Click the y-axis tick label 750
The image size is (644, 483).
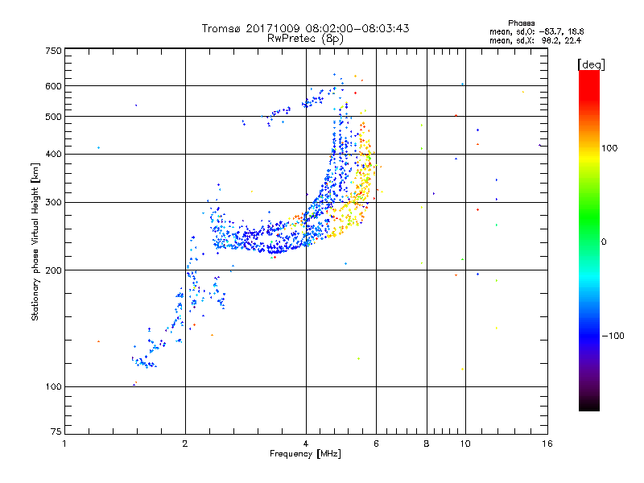tap(53, 51)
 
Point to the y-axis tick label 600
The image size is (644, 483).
tap(53, 85)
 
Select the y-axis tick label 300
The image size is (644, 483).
tap(53, 202)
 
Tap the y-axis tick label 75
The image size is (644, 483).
tap(55, 432)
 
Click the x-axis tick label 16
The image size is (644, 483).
tap(547, 444)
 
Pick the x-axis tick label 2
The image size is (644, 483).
tap(185, 444)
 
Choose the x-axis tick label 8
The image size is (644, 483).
tap(427, 444)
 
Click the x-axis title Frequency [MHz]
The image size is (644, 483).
tap(305, 454)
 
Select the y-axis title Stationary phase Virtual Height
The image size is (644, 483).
tap(35, 242)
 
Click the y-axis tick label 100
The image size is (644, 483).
tap(53, 386)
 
